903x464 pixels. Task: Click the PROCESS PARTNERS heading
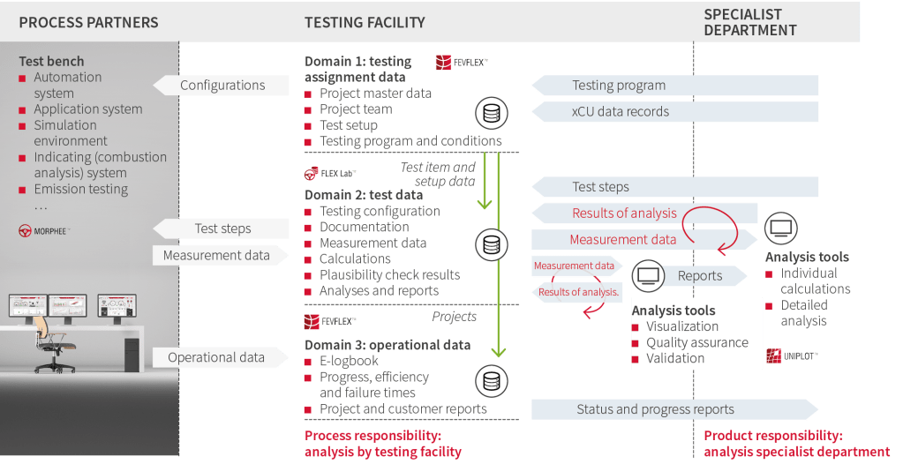click(88, 22)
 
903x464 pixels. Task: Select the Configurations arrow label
click(222, 86)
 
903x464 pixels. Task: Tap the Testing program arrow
click(619, 86)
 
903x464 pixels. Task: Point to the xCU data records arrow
click(621, 112)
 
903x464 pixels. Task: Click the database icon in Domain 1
click(492, 114)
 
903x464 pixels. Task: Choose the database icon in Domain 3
click(492, 380)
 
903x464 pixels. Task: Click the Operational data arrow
click(216, 357)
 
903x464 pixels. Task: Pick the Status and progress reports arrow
click(655, 409)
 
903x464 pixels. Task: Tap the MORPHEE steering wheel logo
click(26, 230)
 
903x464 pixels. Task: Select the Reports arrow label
click(700, 276)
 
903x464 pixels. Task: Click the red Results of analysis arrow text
click(624, 213)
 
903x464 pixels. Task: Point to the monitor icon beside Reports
click(649, 275)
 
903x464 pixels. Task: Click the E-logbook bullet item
click(349, 361)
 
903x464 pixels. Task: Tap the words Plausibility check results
click(389, 275)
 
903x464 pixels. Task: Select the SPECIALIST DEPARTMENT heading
click(750, 22)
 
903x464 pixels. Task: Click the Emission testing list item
click(80, 189)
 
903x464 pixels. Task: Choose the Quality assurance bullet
click(696, 342)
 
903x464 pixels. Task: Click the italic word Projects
click(455, 317)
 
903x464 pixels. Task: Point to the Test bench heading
click(52, 61)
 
